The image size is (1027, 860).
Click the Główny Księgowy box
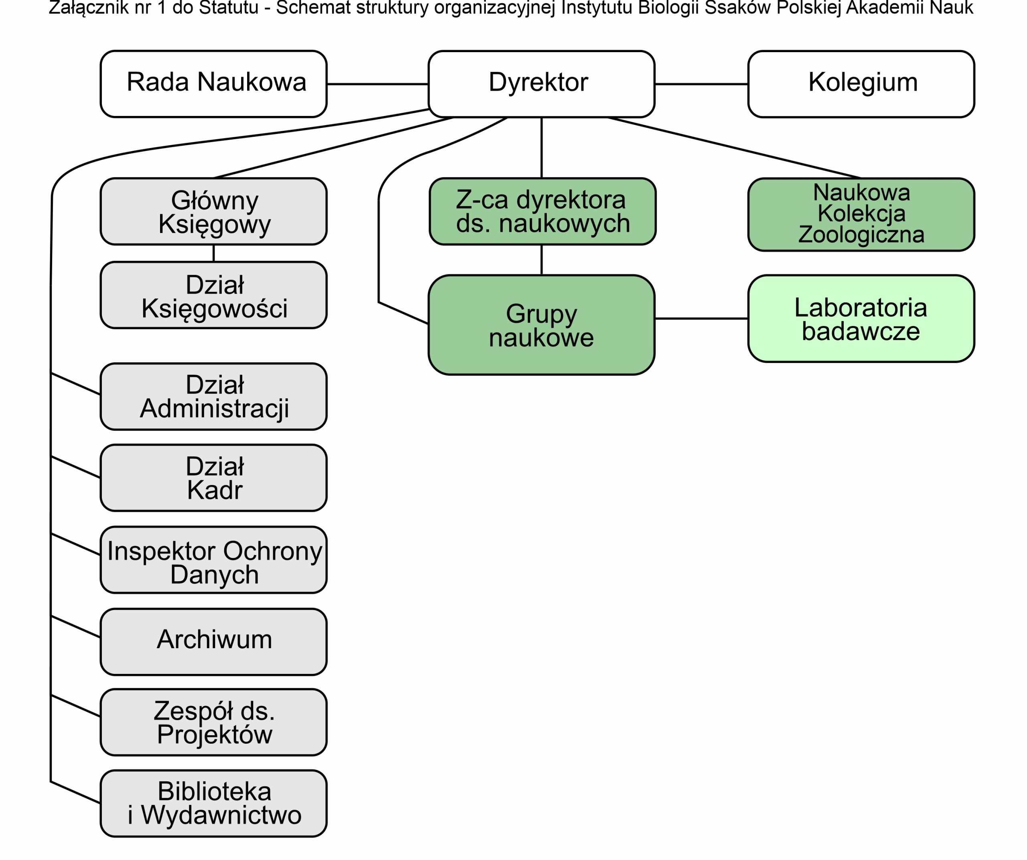214,211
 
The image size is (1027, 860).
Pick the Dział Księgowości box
214,295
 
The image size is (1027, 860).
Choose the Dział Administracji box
214,397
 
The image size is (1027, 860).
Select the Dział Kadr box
214,478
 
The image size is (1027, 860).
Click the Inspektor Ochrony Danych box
214,560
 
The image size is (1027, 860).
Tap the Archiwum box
214,642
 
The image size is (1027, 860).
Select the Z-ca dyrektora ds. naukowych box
542,211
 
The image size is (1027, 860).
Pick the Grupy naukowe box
541,325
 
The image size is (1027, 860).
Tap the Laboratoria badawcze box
861,319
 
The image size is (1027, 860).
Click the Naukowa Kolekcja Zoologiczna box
861,215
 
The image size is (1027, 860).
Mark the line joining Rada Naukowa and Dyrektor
378,84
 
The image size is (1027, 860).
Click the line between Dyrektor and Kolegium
701,84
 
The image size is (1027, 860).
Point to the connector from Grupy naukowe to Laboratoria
701,319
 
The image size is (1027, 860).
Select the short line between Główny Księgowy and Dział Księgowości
214,253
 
